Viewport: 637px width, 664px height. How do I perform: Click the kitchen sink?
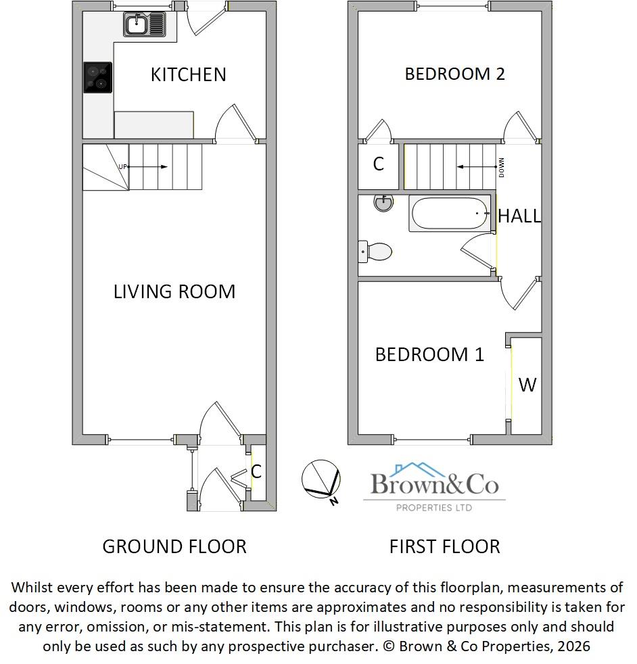(x=145, y=24)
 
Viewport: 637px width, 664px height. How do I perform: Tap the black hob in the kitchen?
(x=98, y=78)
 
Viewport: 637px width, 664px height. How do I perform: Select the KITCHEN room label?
(x=189, y=75)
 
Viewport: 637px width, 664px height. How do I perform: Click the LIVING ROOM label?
(x=174, y=292)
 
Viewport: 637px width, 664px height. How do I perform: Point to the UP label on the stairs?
(x=122, y=167)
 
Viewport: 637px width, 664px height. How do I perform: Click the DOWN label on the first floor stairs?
(x=502, y=167)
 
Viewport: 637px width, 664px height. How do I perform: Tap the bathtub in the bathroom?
(x=450, y=214)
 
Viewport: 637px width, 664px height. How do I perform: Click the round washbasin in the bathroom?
(x=383, y=203)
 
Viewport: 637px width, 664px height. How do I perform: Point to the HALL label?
(x=519, y=216)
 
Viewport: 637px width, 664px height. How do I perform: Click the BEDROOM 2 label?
(x=454, y=74)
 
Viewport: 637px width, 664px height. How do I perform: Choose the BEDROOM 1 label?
(x=429, y=354)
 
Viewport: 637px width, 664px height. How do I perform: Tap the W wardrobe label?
(x=527, y=385)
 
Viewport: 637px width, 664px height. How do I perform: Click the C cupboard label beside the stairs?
(x=378, y=164)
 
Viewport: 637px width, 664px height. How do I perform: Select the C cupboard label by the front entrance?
(x=256, y=471)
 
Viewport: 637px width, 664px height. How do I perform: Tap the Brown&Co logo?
(x=434, y=487)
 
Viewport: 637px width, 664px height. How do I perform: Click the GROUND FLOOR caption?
(x=174, y=547)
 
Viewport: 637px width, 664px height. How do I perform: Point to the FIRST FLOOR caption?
(x=445, y=547)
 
